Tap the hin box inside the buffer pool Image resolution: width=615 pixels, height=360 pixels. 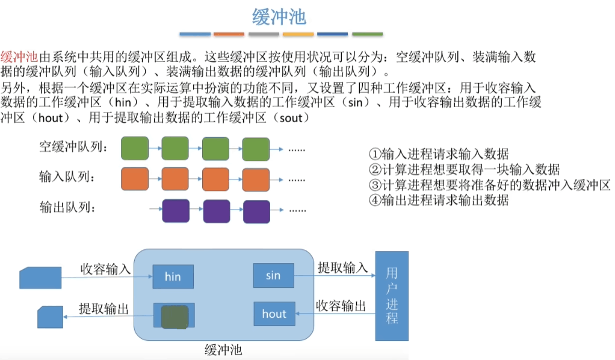click(173, 277)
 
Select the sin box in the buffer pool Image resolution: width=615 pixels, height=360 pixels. click(274, 276)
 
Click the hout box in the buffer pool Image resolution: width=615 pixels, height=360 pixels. click(274, 314)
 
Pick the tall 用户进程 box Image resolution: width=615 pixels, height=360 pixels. click(392, 296)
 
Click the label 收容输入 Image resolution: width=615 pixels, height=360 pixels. click(106, 268)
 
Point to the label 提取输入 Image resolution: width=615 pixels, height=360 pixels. click(342, 268)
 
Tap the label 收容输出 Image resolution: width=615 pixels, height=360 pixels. click(341, 306)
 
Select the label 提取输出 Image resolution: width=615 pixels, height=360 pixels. click(104, 309)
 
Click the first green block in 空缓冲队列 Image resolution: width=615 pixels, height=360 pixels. click(135, 148)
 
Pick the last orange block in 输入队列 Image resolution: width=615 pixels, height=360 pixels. click(256, 179)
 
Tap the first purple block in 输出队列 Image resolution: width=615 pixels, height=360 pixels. click(175, 211)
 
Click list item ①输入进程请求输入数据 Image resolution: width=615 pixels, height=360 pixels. click(439, 154)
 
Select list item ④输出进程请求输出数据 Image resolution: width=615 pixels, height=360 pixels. click(439, 200)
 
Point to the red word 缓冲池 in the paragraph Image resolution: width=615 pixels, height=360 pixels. click(20, 58)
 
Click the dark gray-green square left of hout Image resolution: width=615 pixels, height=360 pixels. click(175, 316)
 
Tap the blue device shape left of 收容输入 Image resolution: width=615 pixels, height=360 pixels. click(41, 278)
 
